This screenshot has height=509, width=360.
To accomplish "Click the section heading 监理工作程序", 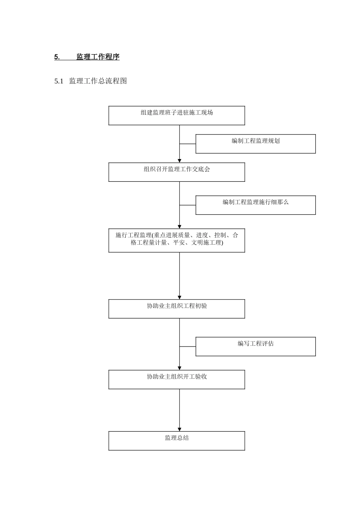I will [x=98, y=57].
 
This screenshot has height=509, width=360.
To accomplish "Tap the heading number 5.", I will [x=57, y=58].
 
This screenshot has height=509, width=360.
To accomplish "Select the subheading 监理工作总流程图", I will [x=98, y=81].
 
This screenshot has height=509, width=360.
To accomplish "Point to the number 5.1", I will [x=59, y=81].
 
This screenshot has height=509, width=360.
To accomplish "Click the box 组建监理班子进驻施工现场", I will [x=177, y=116].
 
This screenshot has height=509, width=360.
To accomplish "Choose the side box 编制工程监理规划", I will [x=255, y=144].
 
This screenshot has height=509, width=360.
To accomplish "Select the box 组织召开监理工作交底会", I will [x=177, y=172].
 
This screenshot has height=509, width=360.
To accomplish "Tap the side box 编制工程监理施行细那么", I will [x=255, y=205].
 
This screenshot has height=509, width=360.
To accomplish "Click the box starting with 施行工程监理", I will [x=177, y=240].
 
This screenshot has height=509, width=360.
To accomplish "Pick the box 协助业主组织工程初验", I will [x=177, y=309].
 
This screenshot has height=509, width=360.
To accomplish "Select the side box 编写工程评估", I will [x=255, y=347].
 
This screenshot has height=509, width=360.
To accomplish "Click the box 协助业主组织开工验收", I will [x=177, y=379].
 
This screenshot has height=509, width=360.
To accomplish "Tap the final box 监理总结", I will [x=177, y=441].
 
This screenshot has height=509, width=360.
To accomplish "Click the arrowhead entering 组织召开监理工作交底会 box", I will [x=180, y=160].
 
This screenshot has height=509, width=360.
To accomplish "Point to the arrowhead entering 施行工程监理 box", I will [x=180, y=226].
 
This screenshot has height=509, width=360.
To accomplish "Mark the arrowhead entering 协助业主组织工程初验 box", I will [x=180, y=297].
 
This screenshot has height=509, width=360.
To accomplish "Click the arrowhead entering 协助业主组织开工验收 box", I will [x=180, y=368].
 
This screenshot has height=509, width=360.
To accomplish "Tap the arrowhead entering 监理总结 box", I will [x=180, y=429].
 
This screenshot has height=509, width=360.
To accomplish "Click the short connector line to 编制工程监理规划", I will [x=188, y=144].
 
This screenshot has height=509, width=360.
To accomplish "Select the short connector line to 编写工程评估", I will [x=188, y=347].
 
